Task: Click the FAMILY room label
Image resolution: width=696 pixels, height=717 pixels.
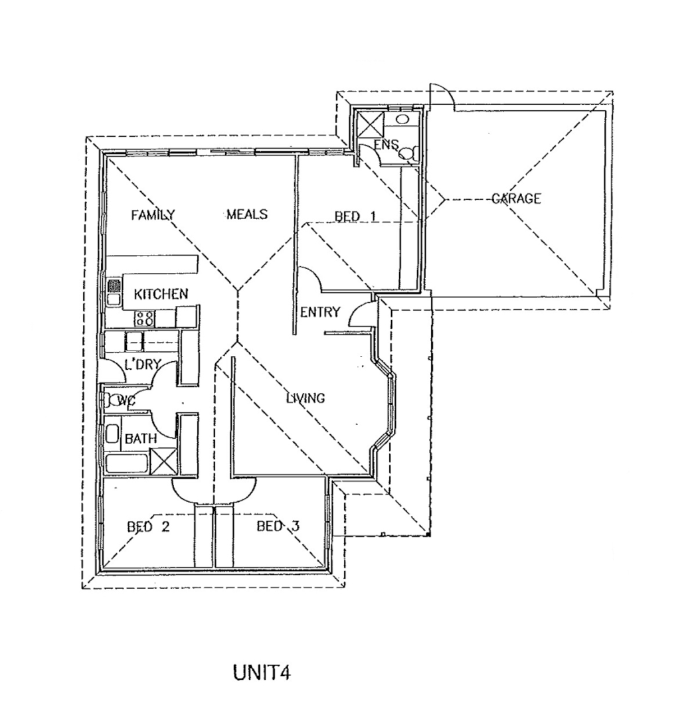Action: pyautogui.click(x=153, y=214)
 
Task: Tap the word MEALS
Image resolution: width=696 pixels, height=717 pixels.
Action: pyautogui.click(x=246, y=214)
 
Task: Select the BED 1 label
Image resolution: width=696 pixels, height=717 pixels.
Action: pyautogui.click(x=355, y=216)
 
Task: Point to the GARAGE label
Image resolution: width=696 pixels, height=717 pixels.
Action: pyautogui.click(x=516, y=199)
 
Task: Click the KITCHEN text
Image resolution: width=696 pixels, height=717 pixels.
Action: pyautogui.click(x=161, y=293)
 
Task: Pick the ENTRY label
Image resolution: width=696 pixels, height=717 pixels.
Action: pyautogui.click(x=320, y=312)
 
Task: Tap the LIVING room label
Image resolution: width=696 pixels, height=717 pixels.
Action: pyautogui.click(x=305, y=398)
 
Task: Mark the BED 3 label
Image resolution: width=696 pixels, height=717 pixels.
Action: pyautogui.click(x=278, y=526)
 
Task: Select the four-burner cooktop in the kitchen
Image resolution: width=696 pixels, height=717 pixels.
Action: pyautogui.click(x=145, y=318)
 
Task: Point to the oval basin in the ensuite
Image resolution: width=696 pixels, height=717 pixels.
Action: pyautogui.click(x=402, y=119)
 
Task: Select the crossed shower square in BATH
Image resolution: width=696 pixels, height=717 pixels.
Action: pyautogui.click(x=162, y=461)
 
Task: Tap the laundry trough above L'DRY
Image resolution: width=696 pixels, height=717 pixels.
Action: pyautogui.click(x=135, y=341)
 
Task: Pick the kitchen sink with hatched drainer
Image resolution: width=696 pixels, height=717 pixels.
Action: pyautogui.click(x=114, y=292)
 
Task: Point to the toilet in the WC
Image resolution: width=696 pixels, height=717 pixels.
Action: pyautogui.click(x=110, y=400)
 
